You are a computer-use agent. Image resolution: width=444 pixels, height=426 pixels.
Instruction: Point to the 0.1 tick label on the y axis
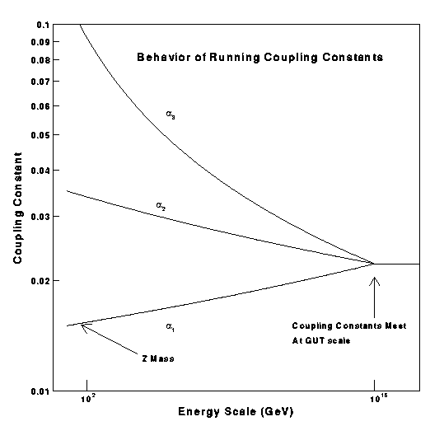click(x=40, y=25)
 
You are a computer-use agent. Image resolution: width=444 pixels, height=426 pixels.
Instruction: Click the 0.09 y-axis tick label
click(x=38, y=41)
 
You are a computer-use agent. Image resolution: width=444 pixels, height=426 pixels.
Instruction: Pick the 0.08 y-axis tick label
click(x=38, y=60)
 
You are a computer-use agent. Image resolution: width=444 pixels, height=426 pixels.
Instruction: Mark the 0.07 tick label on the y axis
click(x=38, y=82)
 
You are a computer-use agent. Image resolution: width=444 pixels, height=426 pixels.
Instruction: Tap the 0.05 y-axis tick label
click(x=38, y=134)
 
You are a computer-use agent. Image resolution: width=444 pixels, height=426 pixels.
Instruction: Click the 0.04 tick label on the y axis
click(x=38, y=171)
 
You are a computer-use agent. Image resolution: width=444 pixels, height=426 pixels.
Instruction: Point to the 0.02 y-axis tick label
click(x=38, y=281)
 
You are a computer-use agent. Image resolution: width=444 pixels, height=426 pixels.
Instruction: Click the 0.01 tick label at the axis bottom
click(x=38, y=391)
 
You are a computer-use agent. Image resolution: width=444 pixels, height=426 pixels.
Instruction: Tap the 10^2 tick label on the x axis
click(x=86, y=399)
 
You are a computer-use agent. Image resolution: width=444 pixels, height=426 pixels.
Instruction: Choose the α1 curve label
click(x=171, y=328)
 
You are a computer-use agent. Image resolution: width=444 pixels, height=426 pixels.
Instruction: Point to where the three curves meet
click(x=375, y=264)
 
